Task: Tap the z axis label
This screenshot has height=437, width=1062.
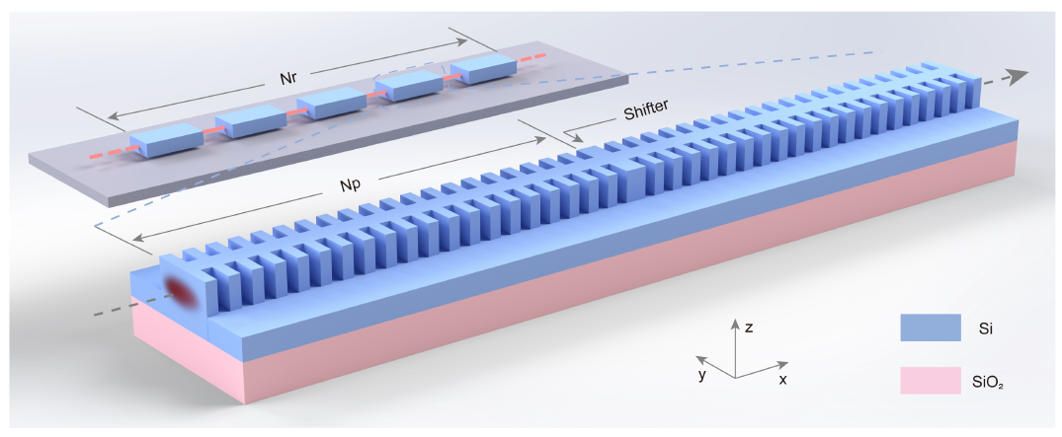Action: (x=751, y=327)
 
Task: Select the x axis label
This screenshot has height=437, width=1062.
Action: (x=782, y=380)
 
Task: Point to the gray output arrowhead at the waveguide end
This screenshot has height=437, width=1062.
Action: (x=1020, y=78)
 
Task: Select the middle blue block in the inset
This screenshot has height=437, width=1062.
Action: (x=333, y=103)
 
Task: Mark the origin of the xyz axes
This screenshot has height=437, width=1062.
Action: (x=734, y=378)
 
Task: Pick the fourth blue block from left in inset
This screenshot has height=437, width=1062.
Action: (x=412, y=87)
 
